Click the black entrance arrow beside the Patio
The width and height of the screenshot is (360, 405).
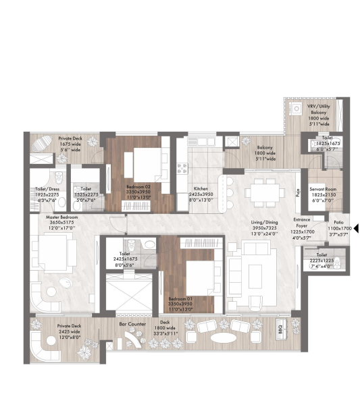355,230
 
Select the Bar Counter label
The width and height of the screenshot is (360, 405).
132,324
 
